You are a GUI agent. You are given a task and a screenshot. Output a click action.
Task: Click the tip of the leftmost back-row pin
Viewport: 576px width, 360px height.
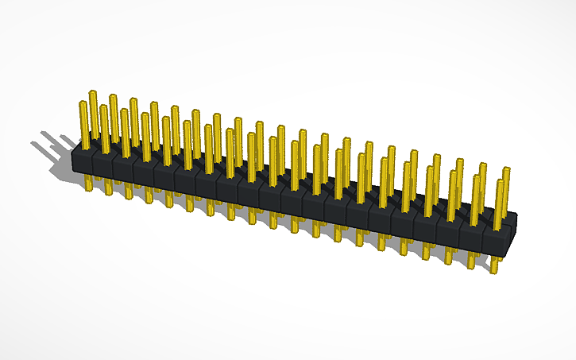[x=93, y=94]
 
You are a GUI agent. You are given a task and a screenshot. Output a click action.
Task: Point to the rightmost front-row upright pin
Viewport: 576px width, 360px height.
[x=500, y=203]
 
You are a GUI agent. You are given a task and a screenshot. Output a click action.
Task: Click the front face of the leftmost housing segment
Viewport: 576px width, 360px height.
[x=81, y=163]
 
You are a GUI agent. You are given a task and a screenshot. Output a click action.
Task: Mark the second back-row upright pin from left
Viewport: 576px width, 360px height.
[x=114, y=111]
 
